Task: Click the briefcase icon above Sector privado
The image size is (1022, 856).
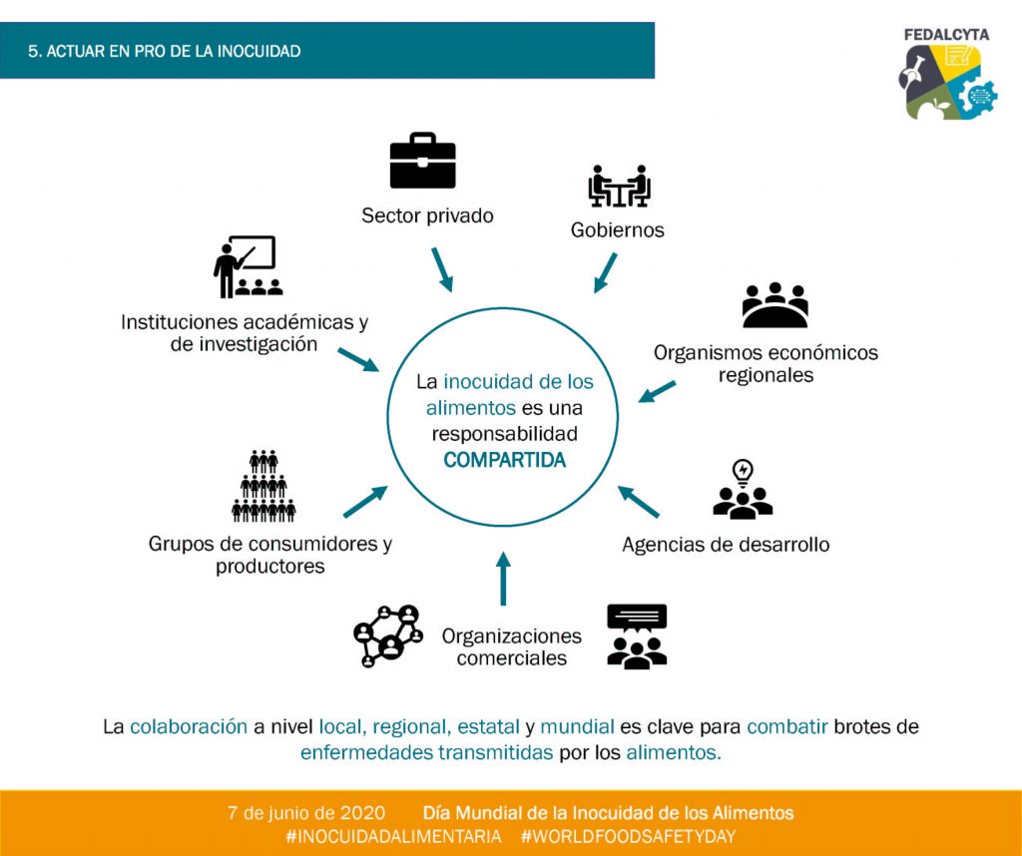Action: click(422, 162)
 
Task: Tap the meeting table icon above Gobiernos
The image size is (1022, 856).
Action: click(619, 187)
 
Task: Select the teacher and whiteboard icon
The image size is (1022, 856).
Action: click(247, 267)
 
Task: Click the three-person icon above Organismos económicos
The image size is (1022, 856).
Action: click(774, 305)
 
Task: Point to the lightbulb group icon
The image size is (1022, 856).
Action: click(743, 490)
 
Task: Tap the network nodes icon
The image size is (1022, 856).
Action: click(388, 636)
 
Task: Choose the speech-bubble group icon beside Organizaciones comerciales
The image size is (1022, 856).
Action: click(637, 637)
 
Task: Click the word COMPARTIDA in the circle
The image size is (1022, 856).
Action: click(504, 460)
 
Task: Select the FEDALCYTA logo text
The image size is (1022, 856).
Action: click(946, 35)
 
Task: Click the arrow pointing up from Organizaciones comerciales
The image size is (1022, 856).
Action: click(503, 579)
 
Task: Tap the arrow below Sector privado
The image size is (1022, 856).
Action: click(441, 269)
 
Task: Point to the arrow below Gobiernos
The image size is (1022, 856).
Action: click(606, 272)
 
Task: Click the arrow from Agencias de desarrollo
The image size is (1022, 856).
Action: click(639, 502)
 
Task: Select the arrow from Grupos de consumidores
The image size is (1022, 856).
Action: click(365, 502)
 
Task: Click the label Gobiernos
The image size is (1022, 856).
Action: click(617, 230)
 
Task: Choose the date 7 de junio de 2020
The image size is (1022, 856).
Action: click(301, 813)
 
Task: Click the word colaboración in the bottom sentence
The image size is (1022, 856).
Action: click(189, 726)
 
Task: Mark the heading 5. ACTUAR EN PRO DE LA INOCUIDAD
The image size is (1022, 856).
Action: click(165, 51)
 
